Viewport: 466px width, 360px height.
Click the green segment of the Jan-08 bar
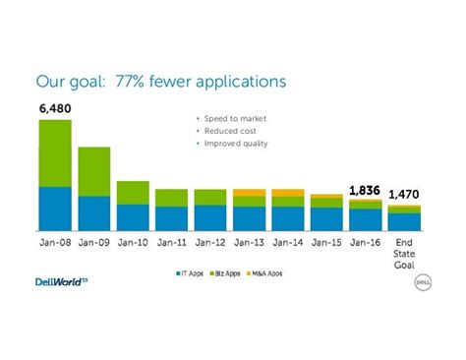(x=55, y=152)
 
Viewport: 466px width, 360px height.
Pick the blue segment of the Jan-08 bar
(x=55, y=209)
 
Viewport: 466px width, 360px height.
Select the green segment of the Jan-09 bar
(x=93, y=171)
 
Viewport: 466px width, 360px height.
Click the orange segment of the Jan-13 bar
(x=249, y=192)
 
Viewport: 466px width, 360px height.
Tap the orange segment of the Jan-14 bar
(x=287, y=192)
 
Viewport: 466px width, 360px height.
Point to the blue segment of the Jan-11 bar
(x=171, y=218)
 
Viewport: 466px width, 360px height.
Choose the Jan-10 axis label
(x=133, y=241)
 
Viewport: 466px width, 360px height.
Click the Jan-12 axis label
(x=209, y=241)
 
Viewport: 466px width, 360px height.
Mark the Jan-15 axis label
(x=326, y=241)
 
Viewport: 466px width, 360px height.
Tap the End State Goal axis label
(x=404, y=253)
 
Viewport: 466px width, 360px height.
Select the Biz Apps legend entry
(x=225, y=273)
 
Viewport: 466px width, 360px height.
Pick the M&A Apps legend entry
(x=264, y=273)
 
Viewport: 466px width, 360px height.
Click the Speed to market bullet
(x=235, y=118)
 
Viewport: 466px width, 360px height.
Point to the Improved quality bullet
(x=235, y=144)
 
